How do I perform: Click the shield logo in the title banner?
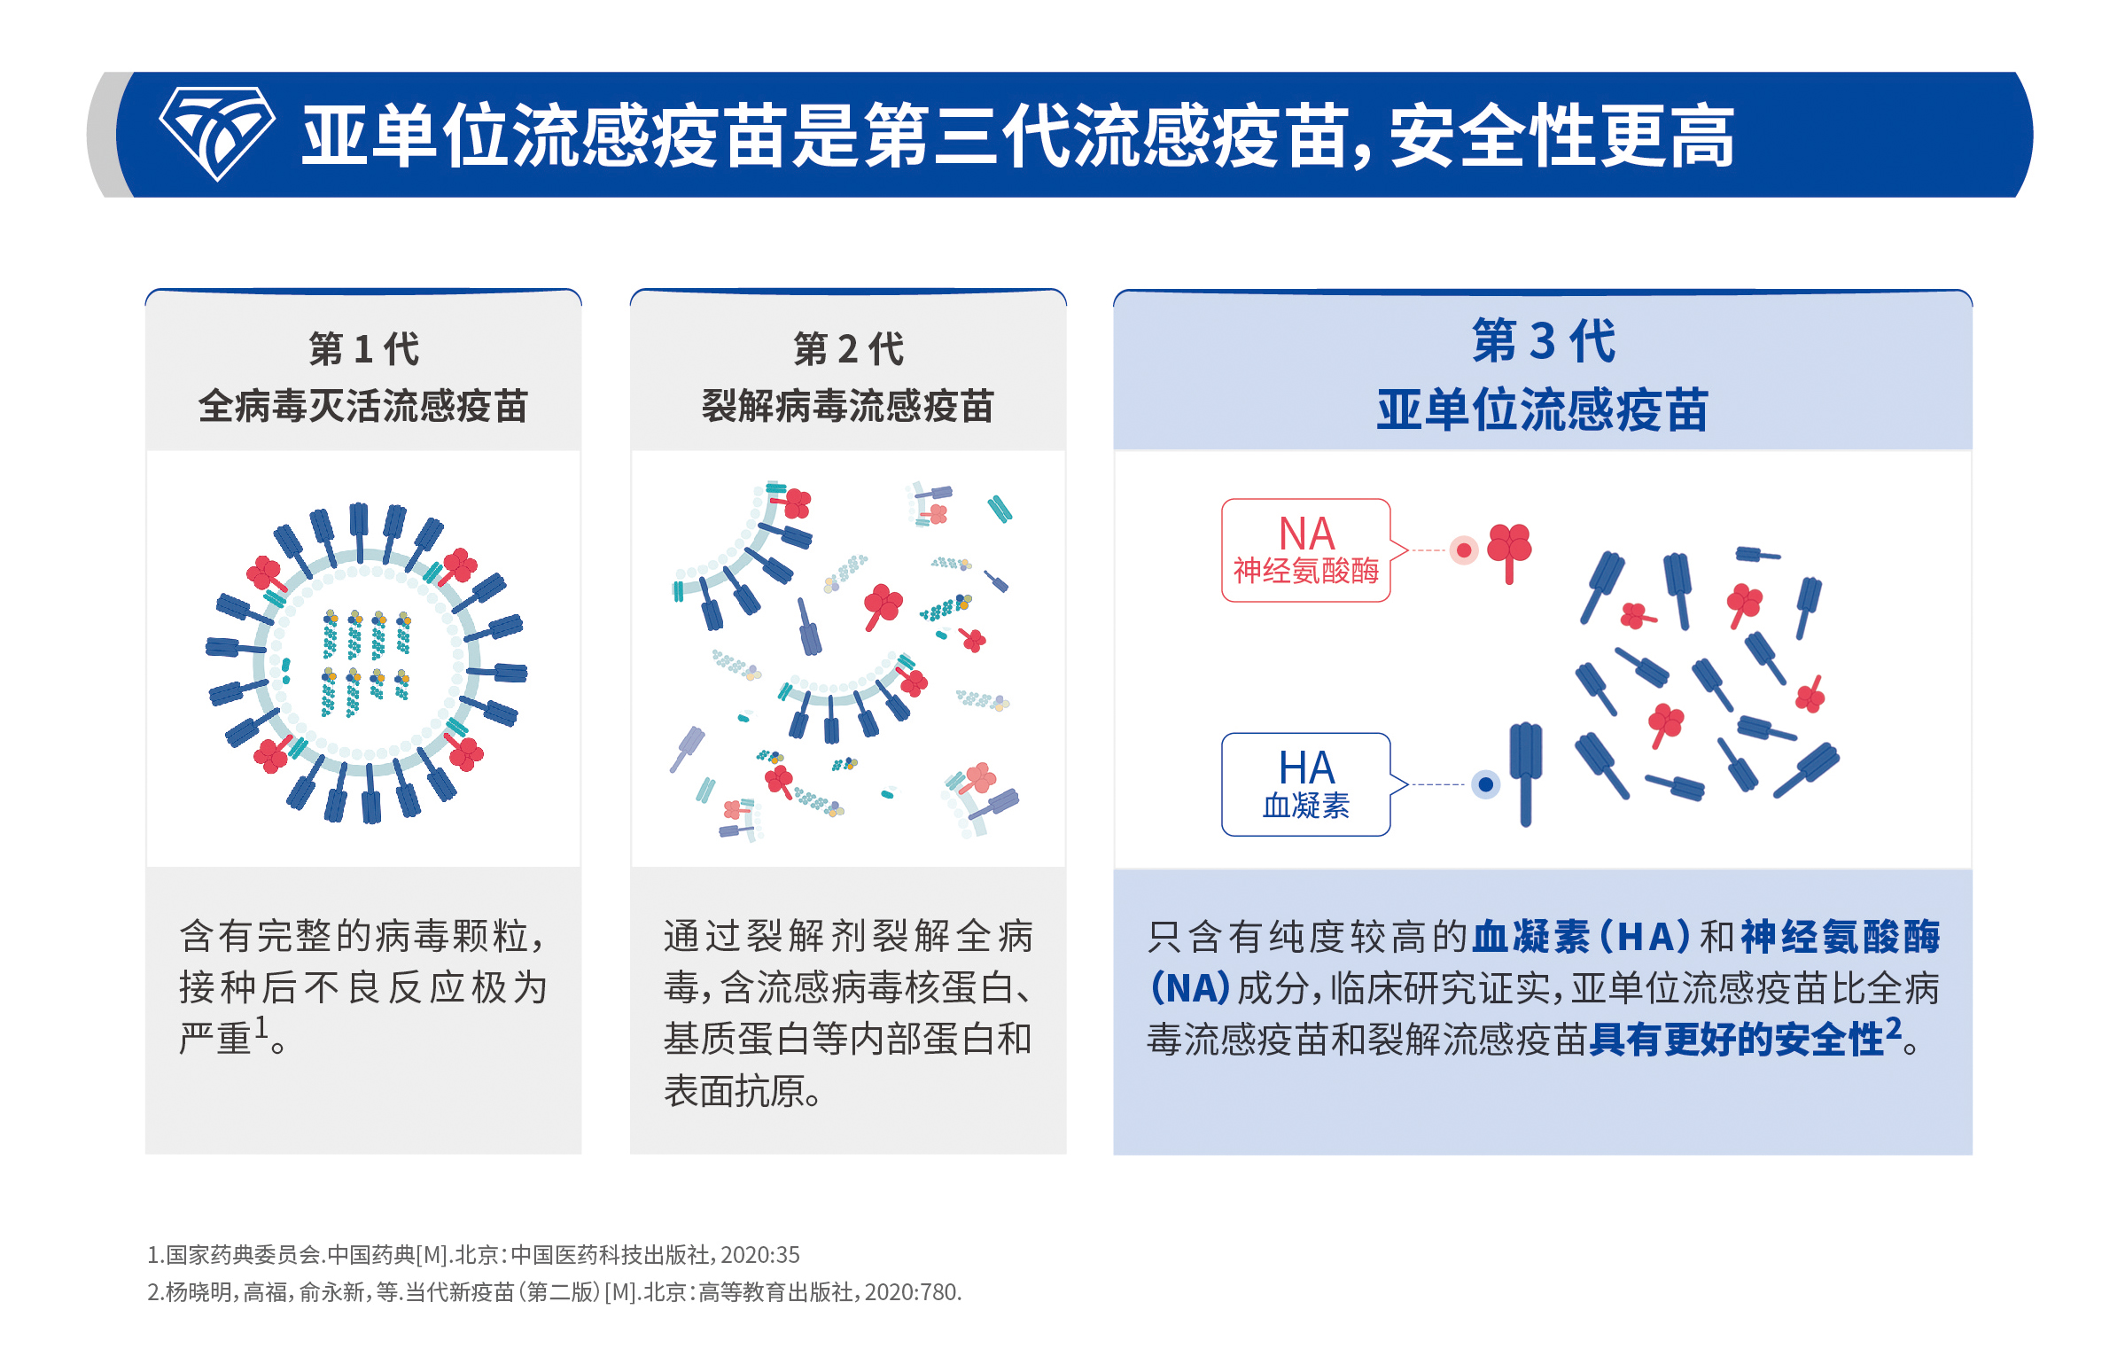[216, 133]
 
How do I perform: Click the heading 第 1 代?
[363, 349]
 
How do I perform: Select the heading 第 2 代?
[848, 349]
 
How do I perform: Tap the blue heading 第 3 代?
[1543, 341]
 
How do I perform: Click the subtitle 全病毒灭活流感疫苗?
[363, 407]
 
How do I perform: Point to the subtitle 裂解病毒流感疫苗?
[848, 407]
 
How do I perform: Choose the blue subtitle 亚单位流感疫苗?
[1543, 410]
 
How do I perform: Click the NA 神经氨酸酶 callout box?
[1305, 550]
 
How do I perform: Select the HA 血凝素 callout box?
[1305, 784]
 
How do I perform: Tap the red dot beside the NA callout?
[1464, 550]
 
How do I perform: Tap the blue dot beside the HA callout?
[1485, 784]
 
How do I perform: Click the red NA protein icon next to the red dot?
[1509, 549]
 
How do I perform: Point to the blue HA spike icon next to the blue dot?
[1525, 771]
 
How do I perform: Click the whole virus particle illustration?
[365, 663]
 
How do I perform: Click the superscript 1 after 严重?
[261, 1026]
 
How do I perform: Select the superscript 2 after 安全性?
[1893, 1027]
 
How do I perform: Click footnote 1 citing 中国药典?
[473, 1255]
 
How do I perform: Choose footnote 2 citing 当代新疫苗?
[554, 1292]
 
